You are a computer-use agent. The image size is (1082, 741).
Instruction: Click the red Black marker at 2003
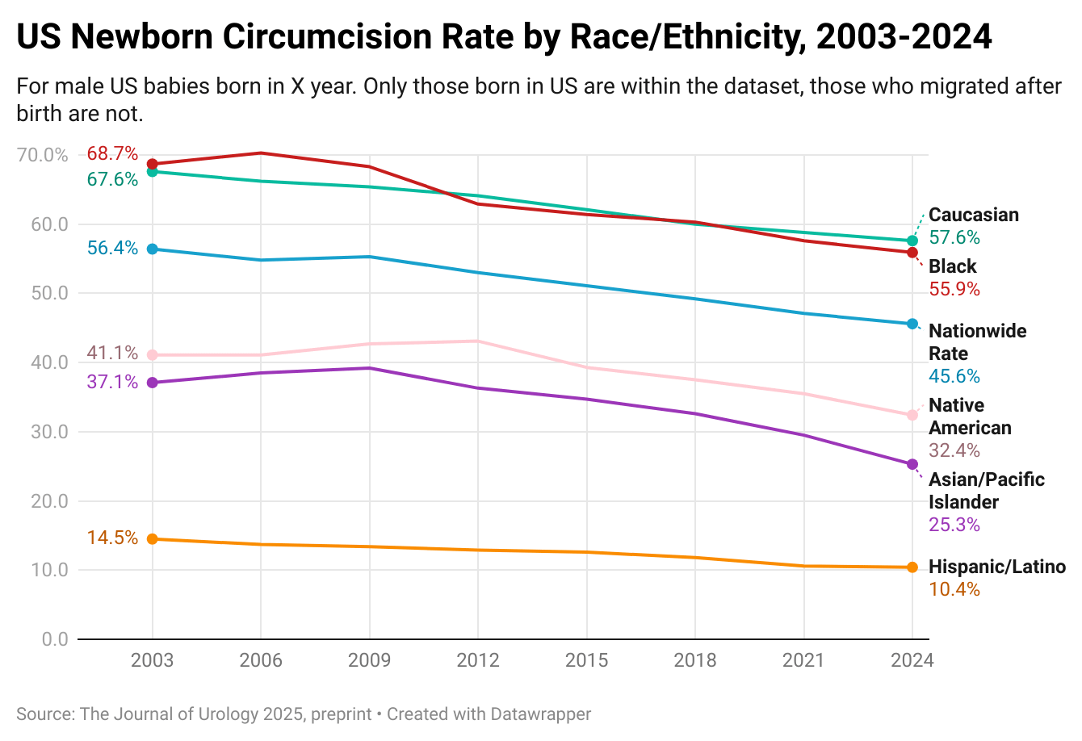pyautogui.click(x=153, y=164)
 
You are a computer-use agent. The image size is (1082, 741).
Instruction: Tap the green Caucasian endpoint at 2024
pyautogui.click(x=912, y=241)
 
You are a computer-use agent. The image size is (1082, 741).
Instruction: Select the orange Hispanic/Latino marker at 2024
pyautogui.click(x=912, y=567)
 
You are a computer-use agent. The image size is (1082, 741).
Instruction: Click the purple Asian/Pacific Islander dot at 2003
pyautogui.click(x=153, y=383)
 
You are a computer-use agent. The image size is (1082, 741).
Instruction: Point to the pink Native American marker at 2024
pyautogui.click(x=912, y=415)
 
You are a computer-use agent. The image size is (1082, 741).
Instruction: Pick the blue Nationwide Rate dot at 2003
pyautogui.click(x=153, y=249)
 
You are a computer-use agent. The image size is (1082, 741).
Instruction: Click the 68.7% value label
pyautogui.click(x=112, y=153)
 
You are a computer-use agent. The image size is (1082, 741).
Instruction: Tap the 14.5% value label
pyautogui.click(x=112, y=538)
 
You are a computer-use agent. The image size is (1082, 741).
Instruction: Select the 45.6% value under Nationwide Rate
pyautogui.click(x=954, y=376)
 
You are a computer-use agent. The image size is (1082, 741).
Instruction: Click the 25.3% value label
pyautogui.click(x=954, y=525)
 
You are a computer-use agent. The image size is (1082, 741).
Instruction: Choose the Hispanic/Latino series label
pyautogui.click(x=997, y=567)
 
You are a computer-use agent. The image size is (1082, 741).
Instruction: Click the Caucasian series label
pyautogui.click(x=974, y=215)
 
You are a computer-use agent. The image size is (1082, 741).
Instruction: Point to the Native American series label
pyautogui.click(x=969, y=417)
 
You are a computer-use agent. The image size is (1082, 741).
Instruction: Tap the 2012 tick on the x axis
pyautogui.click(x=478, y=660)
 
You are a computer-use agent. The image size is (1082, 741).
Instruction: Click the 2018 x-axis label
pyautogui.click(x=695, y=660)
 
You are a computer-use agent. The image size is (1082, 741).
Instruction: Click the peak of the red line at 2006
pyautogui.click(x=261, y=153)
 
